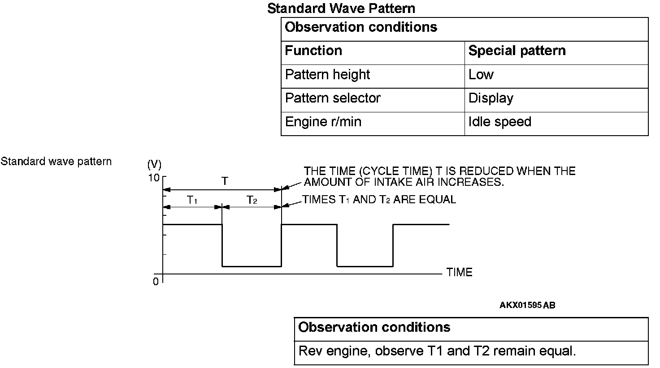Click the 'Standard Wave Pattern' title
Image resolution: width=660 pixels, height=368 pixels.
(x=341, y=9)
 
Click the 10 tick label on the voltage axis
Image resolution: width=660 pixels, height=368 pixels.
(x=154, y=178)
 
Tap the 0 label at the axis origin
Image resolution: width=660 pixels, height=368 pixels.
(x=156, y=282)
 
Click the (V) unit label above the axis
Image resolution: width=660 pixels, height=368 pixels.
(x=154, y=164)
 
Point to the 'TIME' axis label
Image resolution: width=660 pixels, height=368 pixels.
(x=459, y=273)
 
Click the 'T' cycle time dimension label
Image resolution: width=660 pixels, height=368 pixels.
(x=225, y=181)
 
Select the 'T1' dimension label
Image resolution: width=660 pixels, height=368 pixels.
(x=192, y=200)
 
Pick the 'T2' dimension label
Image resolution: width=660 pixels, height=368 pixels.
(x=252, y=200)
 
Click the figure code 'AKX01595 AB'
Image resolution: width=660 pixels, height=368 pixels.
(x=527, y=306)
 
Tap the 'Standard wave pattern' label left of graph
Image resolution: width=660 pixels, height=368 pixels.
(x=56, y=162)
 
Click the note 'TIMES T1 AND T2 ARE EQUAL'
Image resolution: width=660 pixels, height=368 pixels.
(x=379, y=200)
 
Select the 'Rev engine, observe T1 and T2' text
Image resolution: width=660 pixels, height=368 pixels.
(x=437, y=351)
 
